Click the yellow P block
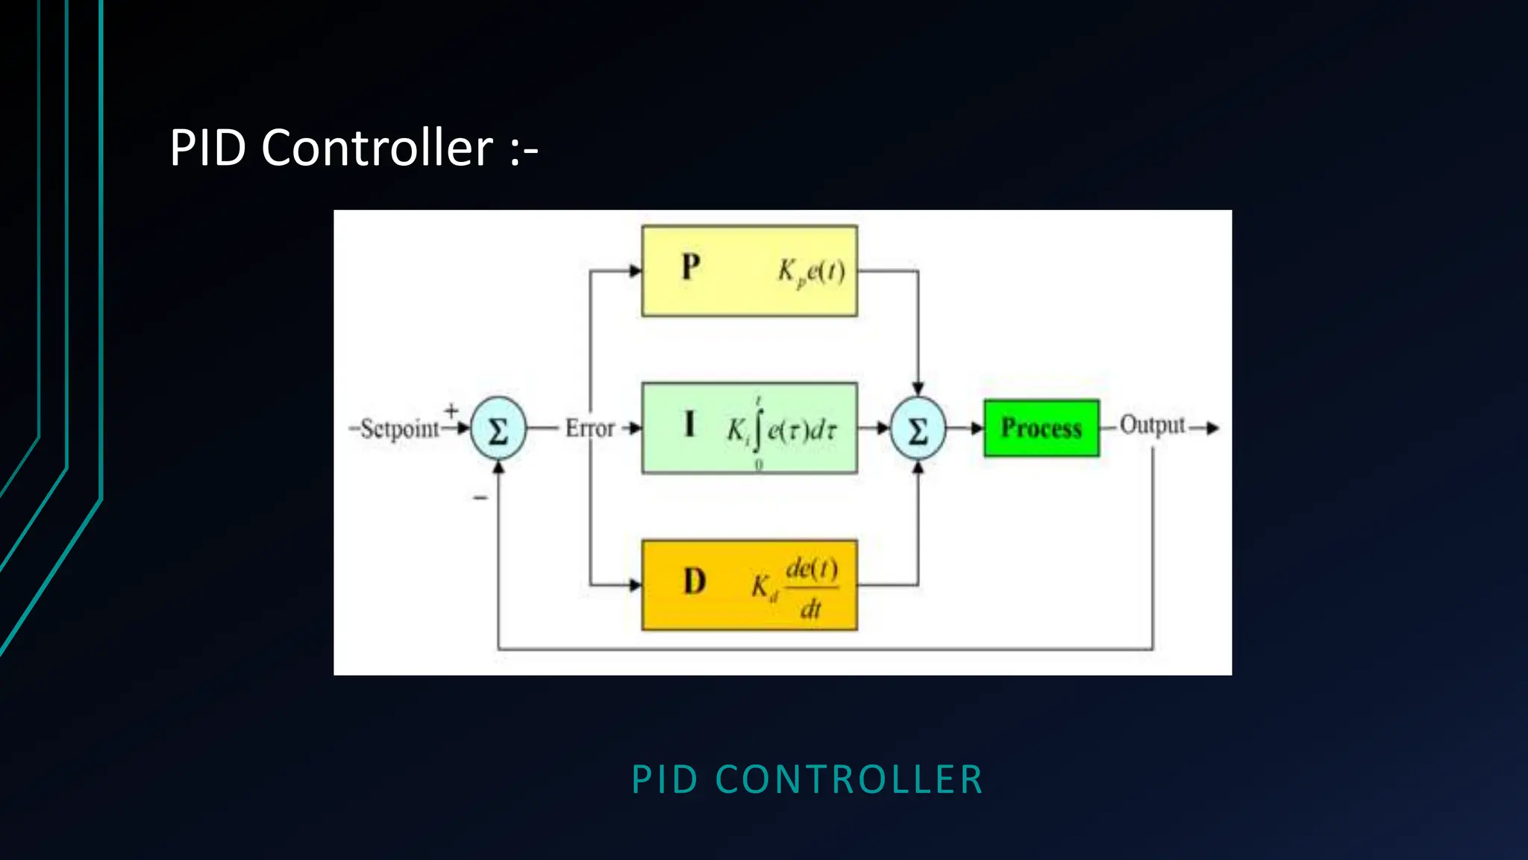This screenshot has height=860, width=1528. click(x=749, y=271)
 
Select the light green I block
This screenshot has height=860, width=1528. click(x=749, y=428)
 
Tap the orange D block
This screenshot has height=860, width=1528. click(x=749, y=585)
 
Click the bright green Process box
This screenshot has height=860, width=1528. click(x=1041, y=428)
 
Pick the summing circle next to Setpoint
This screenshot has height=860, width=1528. click(x=498, y=429)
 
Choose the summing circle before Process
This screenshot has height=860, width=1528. click(x=918, y=429)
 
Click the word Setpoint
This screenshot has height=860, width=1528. click(x=399, y=429)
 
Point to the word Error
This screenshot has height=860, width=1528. click(x=589, y=429)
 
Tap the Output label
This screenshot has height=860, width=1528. click(x=1151, y=426)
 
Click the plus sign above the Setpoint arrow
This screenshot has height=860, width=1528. click(x=451, y=410)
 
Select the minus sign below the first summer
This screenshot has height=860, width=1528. click(x=480, y=497)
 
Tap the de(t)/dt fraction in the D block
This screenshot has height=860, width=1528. click(x=811, y=588)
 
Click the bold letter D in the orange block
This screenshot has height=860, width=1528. click(x=694, y=582)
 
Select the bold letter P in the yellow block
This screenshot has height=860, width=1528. click(x=691, y=267)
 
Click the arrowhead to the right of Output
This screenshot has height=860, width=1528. click(x=1213, y=428)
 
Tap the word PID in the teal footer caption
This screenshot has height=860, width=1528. click(x=664, y=779)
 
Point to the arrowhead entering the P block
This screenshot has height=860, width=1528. click(x=636, y=271)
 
